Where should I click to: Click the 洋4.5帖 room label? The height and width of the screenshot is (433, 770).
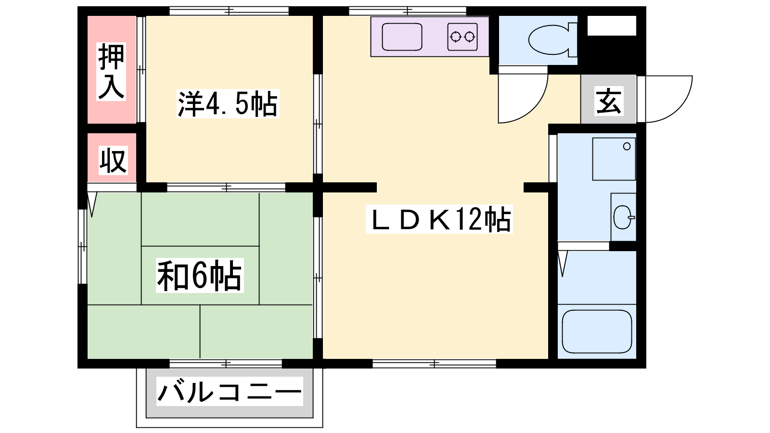point(228,103)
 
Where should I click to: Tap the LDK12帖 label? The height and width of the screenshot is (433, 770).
point(439,219)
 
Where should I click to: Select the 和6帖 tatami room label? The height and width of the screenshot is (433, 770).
point(200,275)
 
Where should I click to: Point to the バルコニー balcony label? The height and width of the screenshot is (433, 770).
point(230,392)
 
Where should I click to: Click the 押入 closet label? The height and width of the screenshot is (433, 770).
point(111,72)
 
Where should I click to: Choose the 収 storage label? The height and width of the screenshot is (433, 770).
point(113,160)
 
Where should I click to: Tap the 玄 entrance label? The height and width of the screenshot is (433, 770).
point(609,101)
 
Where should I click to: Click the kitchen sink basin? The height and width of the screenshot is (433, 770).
point(402,37)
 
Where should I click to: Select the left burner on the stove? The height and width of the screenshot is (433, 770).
point(455,37)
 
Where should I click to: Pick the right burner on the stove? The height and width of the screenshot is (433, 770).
point(470,37)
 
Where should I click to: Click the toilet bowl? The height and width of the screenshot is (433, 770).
point(549,39)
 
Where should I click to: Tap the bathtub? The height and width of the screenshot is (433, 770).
point(597,331)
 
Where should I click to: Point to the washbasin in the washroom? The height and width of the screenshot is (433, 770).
point(623,217)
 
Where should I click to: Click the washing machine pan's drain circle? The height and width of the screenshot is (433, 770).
point(627,146)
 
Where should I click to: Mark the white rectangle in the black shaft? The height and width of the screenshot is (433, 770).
point(612,25)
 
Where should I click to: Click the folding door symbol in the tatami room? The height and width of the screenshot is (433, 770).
point(92,204)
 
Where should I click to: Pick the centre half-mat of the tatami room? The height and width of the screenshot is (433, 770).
point(200,275)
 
